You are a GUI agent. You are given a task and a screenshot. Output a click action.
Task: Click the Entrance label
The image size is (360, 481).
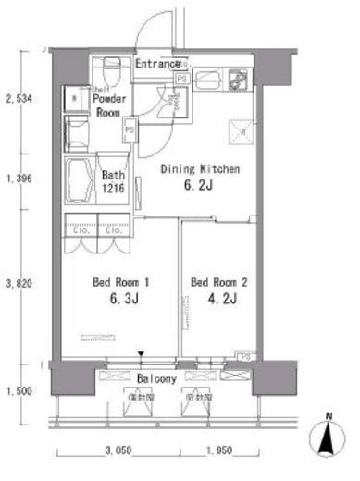coord(157,64)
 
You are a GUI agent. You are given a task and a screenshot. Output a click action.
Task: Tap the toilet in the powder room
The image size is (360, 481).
coord(109,68)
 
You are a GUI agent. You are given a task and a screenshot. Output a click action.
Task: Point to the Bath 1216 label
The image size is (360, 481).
coord(114,179)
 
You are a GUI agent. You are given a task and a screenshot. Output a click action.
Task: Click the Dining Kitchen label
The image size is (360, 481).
coord(201,169)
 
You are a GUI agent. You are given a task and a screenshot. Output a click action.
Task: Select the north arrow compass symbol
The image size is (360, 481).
coord(330,439)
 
